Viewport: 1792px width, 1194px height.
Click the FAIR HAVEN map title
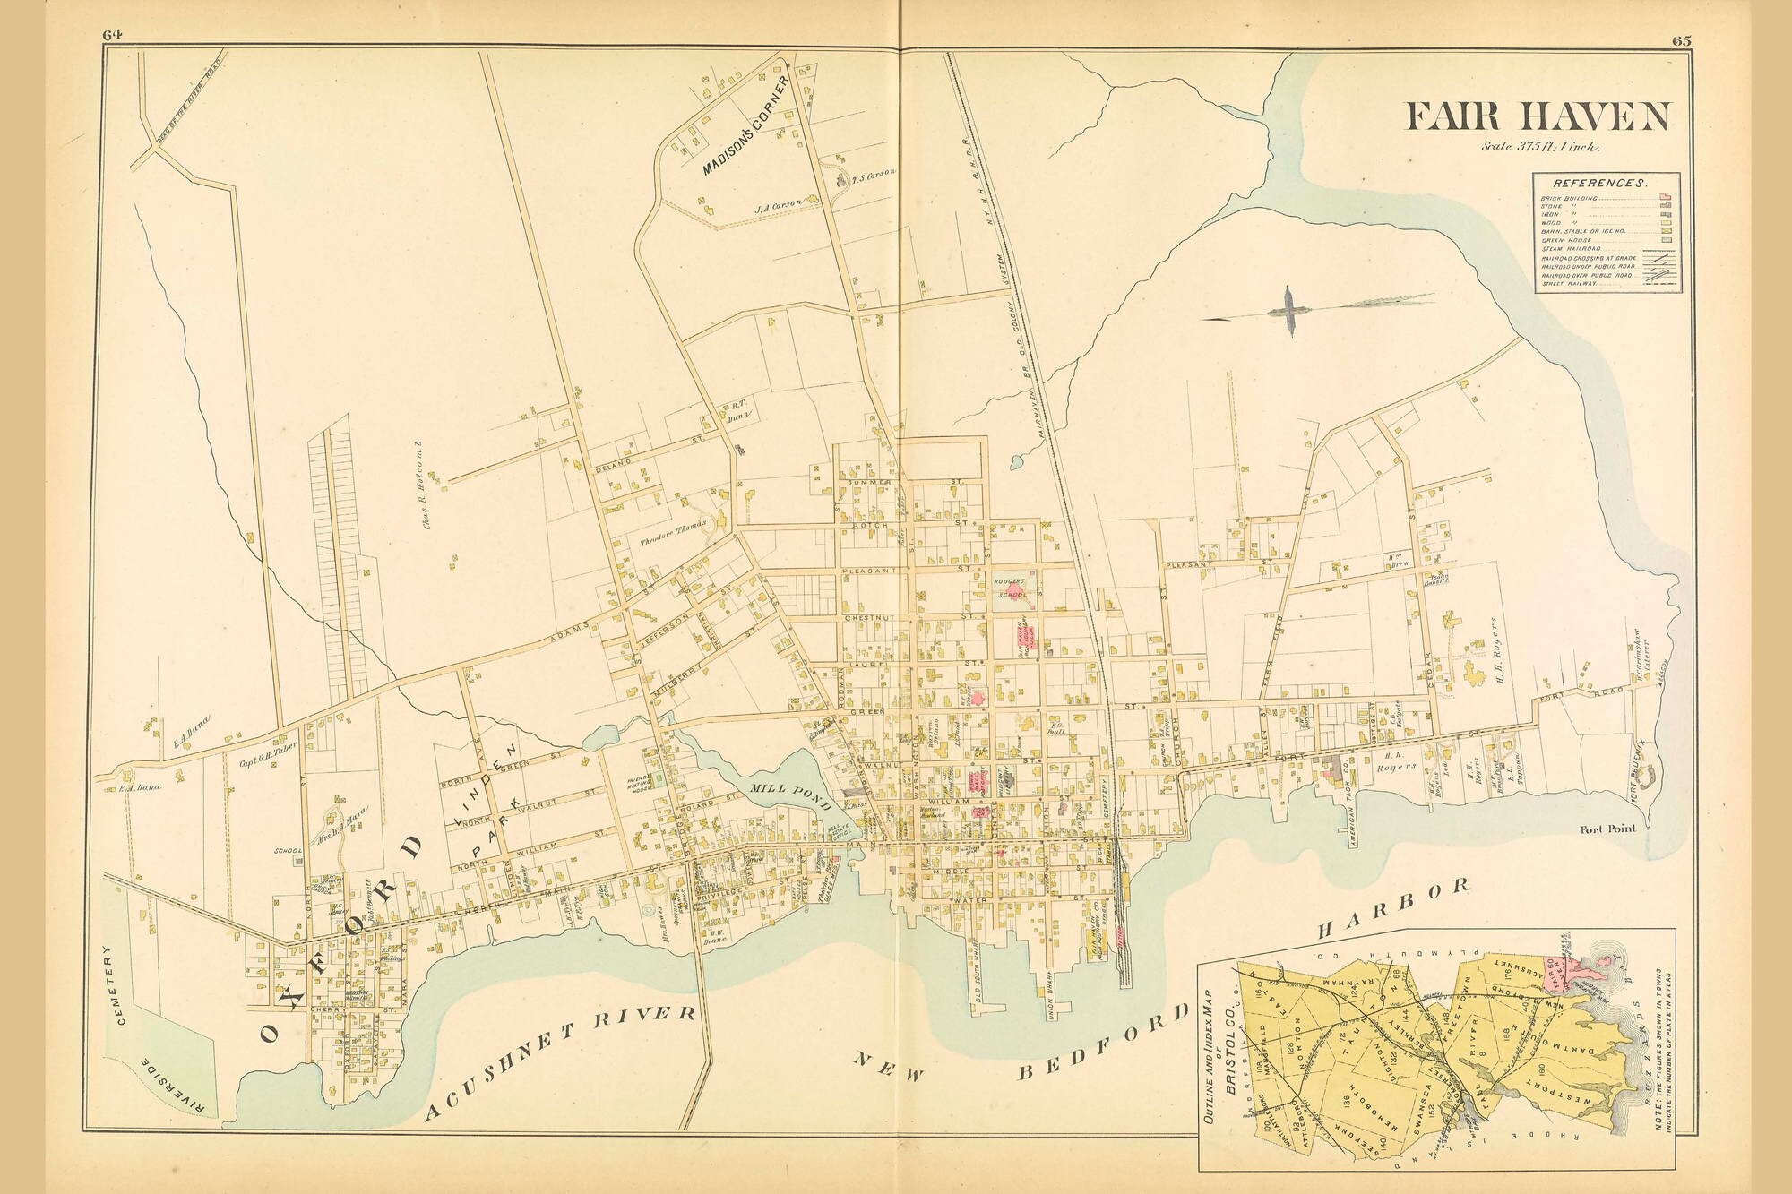pyautogui.click(x=1538, y=117)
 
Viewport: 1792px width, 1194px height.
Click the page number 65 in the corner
pyautogui.click(x=1680, y=39)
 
